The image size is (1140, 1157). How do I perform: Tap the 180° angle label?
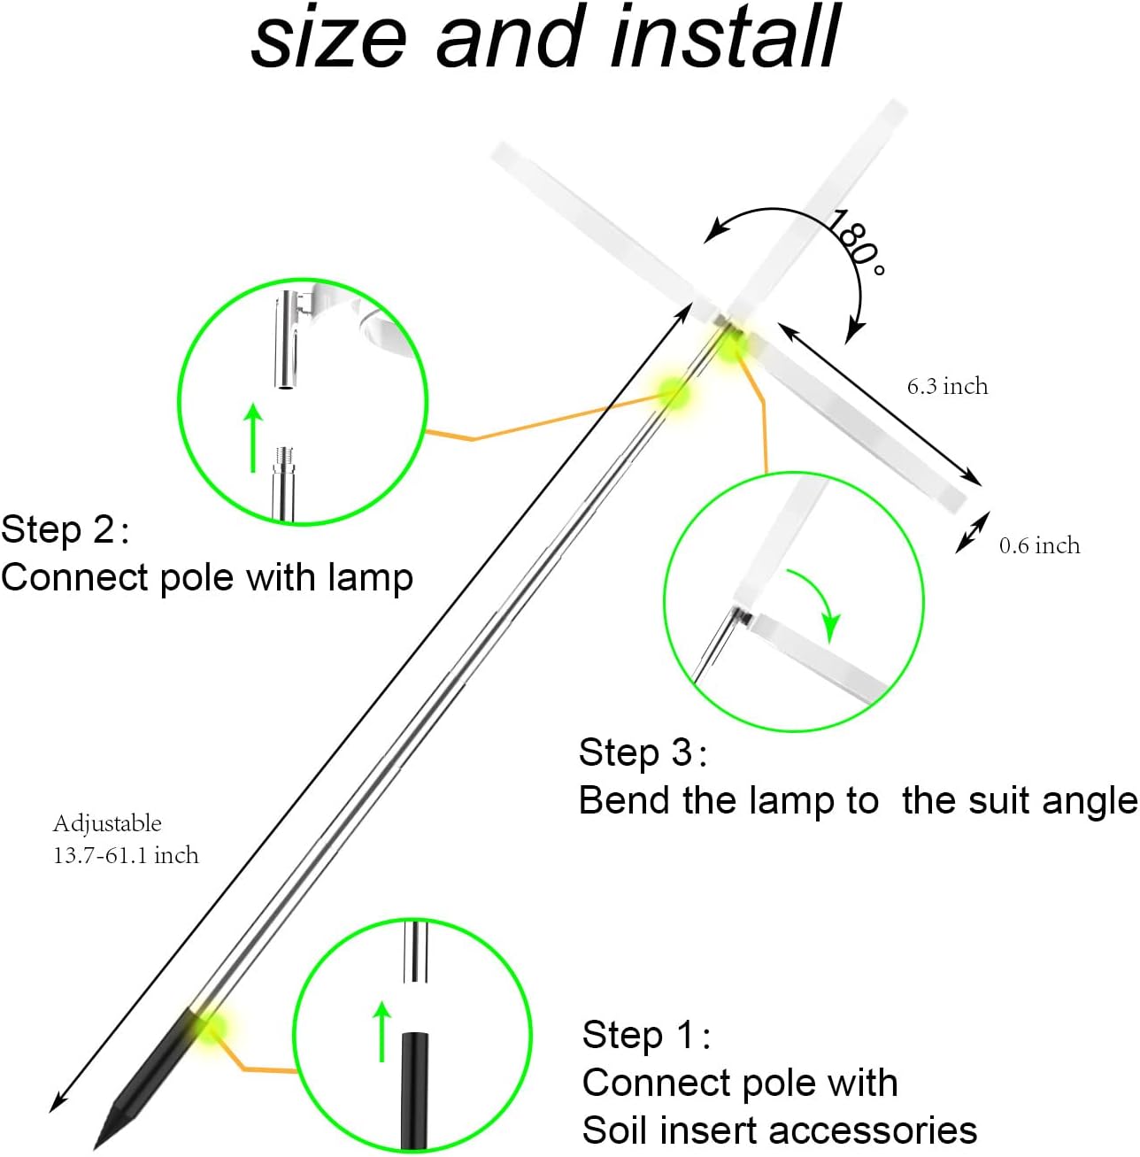(855, 243)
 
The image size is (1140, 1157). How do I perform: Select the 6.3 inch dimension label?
(947, 386)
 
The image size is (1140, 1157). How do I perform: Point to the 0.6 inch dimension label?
(1039, 545)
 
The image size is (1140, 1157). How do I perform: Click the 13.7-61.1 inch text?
(126, 855)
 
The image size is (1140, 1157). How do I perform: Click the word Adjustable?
(107, 823)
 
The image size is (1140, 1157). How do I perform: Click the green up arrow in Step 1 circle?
(381, 1030)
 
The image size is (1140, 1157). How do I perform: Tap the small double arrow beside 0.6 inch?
(971, 534)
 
